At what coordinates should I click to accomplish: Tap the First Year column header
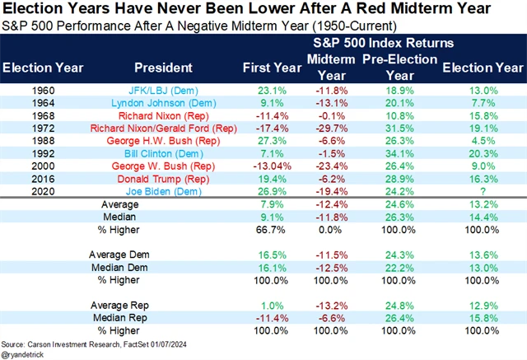[263, 68]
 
